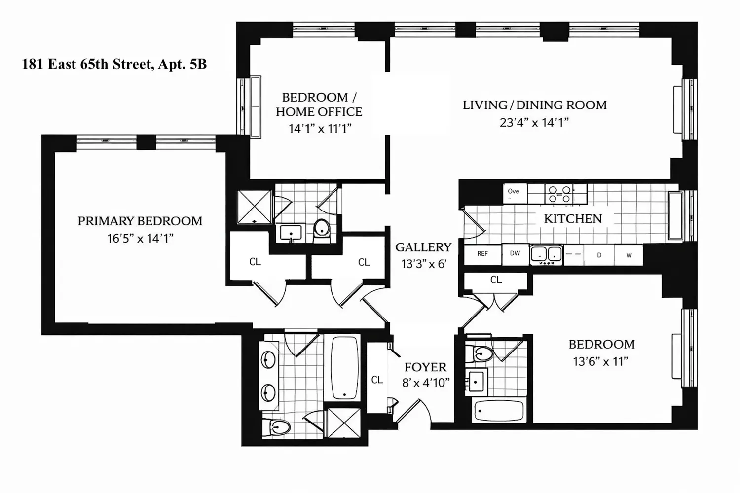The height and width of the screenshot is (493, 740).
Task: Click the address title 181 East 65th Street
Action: (88, 64)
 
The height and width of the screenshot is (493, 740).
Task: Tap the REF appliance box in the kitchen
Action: (482, 254)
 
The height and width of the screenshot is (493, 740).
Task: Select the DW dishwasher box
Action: (515, 253)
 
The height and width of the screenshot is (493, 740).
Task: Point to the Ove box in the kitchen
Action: (515, 193)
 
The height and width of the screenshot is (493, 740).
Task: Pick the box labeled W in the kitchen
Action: (629, 255)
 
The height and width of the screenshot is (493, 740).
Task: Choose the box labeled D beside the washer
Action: (599, 255)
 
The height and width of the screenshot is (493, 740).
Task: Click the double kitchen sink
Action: (547, 255)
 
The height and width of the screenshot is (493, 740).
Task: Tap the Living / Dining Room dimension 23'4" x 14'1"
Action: (534, 122)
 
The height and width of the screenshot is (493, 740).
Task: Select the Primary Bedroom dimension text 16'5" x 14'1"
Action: (140, 238)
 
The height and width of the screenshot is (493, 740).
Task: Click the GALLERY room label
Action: (423, 247)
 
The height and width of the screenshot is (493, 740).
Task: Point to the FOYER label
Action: (425, 367)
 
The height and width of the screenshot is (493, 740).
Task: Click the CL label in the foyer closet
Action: (377, 380)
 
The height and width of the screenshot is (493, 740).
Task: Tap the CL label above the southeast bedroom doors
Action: (496, 280)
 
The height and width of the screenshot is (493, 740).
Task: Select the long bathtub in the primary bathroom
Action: (344, 368)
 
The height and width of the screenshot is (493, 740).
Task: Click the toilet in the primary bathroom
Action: (276, 427)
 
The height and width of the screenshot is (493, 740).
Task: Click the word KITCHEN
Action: (573, 218)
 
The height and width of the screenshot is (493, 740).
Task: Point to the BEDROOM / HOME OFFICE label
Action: (319, 105)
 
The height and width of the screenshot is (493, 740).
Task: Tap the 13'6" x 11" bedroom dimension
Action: (600, 361)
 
